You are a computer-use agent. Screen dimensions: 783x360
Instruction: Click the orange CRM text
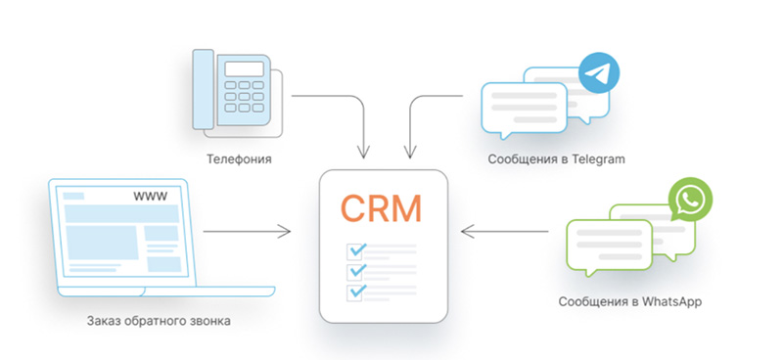pos(382,208)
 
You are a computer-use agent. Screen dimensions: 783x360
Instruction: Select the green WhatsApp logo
pos(691,199)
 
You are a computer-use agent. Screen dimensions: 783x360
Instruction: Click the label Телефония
pos(239,159)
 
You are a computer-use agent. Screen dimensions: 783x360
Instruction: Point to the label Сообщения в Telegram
pos(556,159)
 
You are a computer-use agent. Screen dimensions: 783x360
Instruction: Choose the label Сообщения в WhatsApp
pos(630,302)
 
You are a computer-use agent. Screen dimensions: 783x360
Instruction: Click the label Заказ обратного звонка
pos(159,321)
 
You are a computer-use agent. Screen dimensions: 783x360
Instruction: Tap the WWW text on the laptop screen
pos(151,197)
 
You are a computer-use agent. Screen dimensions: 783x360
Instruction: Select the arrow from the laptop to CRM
pos(247,231)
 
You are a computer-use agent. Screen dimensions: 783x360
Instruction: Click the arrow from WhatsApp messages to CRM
pos(504,231)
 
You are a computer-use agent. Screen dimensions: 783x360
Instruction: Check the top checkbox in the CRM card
pos(354,251)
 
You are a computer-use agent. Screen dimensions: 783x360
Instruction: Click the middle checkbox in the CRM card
pos(354,272)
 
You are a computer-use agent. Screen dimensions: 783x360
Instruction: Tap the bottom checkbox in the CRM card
pos(354,292)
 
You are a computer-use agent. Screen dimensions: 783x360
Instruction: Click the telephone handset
pos(204,89)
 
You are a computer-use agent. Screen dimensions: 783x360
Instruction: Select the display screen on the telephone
pos(244,68)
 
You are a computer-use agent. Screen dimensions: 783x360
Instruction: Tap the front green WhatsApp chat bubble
pos(609,247)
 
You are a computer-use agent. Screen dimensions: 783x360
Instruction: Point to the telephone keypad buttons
pos(244,96)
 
